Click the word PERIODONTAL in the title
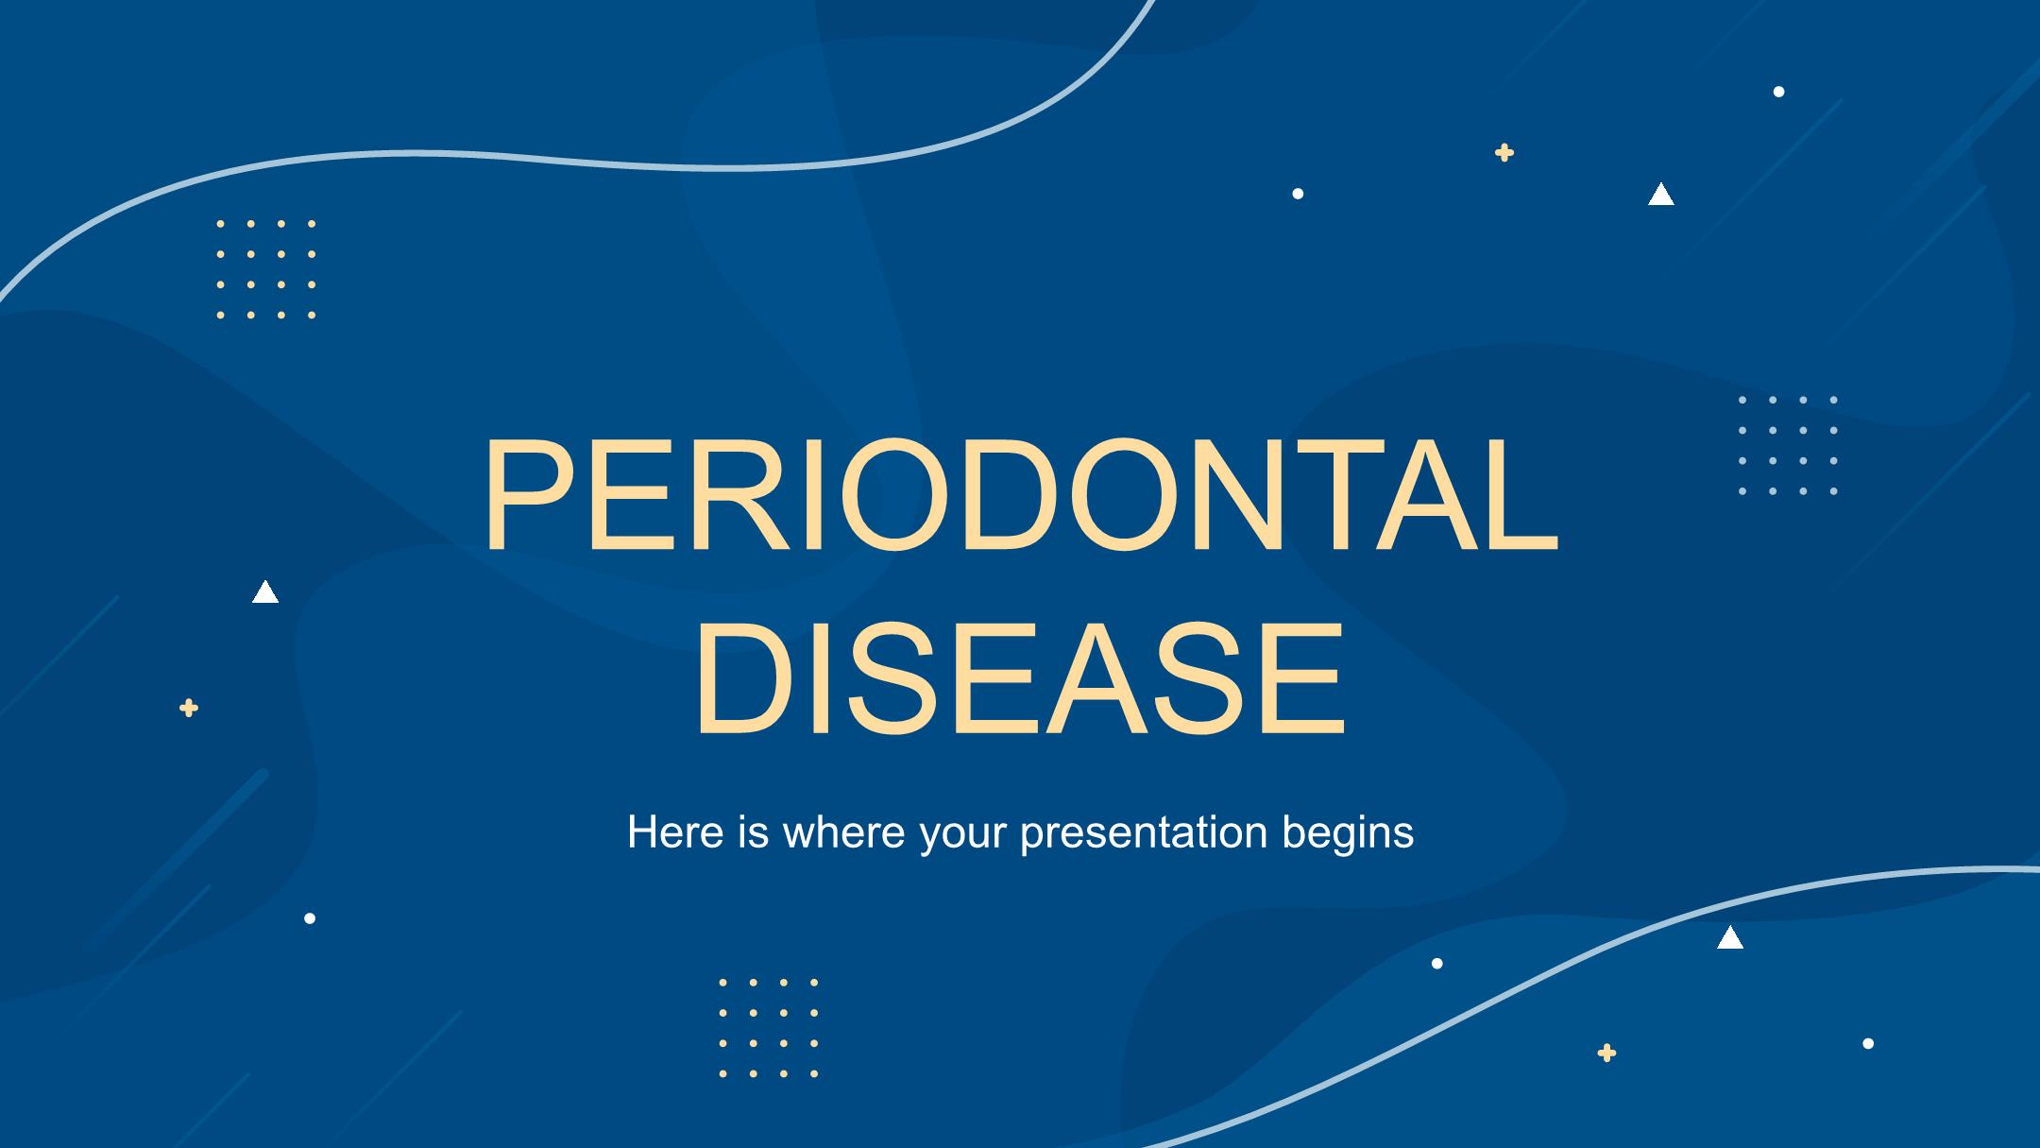(1020, 496)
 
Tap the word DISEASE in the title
(1020, 677)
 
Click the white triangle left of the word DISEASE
(265, 592)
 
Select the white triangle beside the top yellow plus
(1661, 196)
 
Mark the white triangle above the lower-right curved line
(1730, 938)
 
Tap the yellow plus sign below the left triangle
(189, 708)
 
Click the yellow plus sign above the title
(1504, 152)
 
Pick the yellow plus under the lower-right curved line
(1606, 1053)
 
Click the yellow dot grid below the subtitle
(769, 1028)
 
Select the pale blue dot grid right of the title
(1788, 446)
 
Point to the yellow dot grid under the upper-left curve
(266, 269)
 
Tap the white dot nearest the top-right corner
(1779, 92)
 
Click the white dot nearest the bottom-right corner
(1868, 1043)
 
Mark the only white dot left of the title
(310, 918)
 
